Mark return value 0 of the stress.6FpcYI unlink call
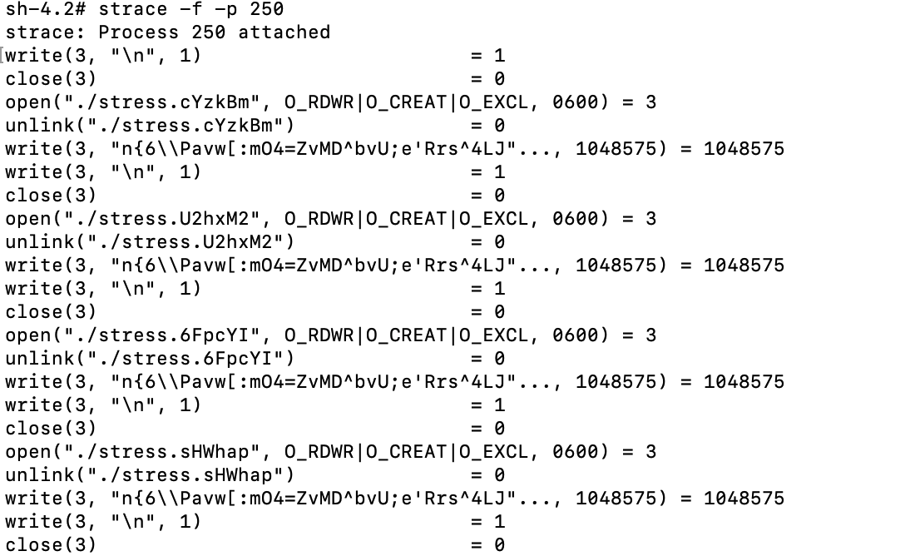coord(499,359)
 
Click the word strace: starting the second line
coord(45,32)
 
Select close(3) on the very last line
coord(51,545)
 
